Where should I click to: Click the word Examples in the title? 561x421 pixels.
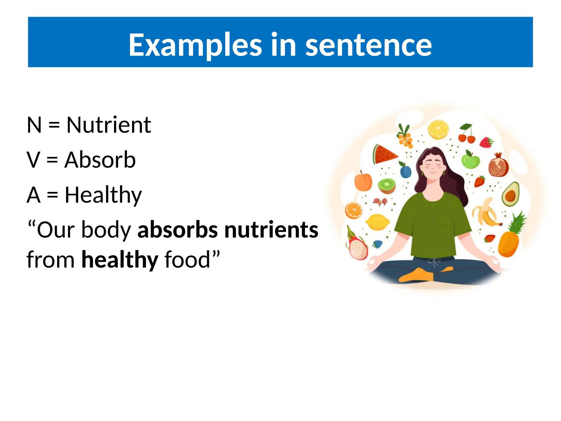(x=195, y=45)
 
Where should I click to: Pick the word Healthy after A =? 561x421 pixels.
(x=103, y=195)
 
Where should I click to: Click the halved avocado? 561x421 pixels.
(x=511, y=194)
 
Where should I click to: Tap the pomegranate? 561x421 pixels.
(x=499, y=165)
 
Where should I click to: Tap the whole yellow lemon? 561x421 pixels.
(x=377, y=222)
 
